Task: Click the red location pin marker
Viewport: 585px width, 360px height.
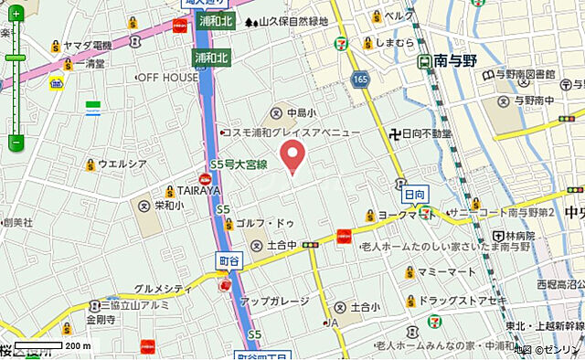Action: pos(292,156)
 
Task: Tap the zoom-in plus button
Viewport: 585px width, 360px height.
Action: pos(16,15)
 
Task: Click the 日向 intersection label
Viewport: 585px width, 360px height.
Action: pos(414,195)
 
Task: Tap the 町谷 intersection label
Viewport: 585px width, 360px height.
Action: pos(229,262)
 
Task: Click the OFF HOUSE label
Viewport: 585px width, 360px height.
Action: pos(167,78)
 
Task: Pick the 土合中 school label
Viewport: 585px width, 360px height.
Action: pos(280,245)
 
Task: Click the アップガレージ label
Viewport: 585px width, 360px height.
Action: pos(275,301)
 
